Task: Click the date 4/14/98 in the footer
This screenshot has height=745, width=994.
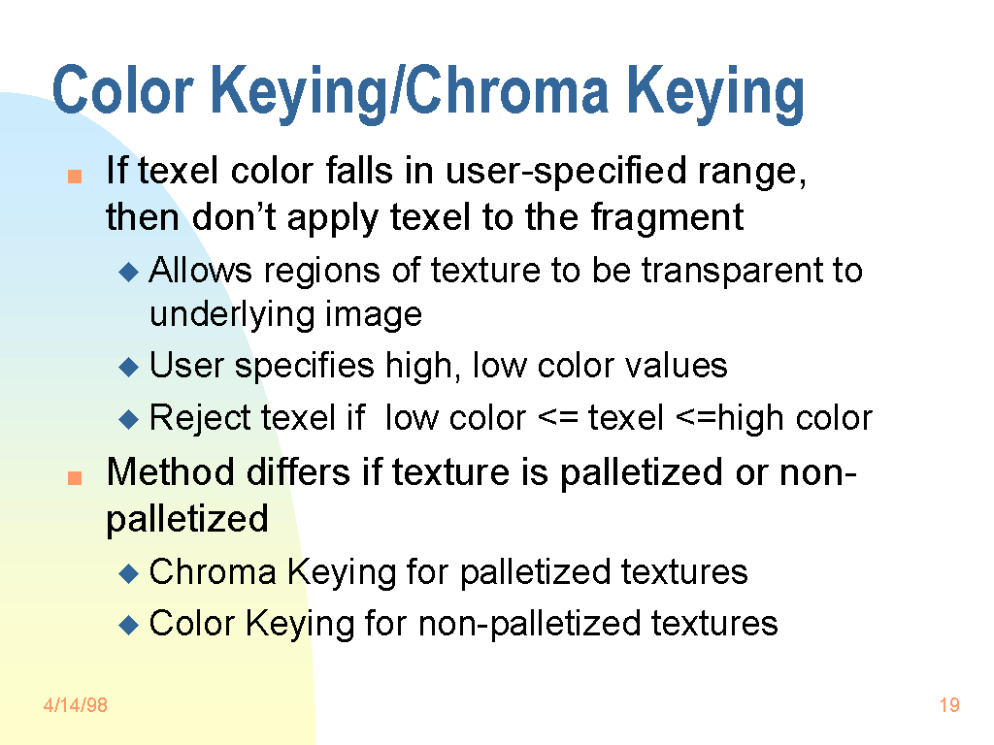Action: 75,705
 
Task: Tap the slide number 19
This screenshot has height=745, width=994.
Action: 949,705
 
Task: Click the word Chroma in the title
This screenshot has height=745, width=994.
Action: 507,91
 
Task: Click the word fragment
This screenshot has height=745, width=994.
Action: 667,217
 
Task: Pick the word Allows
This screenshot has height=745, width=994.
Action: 201,270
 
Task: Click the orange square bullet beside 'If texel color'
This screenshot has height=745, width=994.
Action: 74,178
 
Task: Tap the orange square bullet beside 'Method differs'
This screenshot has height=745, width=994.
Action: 74,478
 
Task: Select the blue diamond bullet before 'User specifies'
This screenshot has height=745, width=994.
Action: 129,368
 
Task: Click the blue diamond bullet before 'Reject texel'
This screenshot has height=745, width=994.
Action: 129,420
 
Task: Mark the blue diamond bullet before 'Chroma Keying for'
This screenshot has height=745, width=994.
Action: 129,573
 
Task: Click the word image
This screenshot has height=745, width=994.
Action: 374,314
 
